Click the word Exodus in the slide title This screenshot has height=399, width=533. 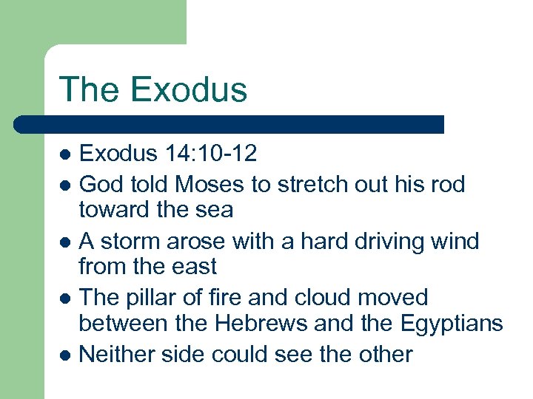coord(188,89)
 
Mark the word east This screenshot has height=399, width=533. coord(194,266)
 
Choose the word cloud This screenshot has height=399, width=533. coord(320,298)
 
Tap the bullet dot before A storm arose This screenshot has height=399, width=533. coord(66,242)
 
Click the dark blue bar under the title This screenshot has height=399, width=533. coord(229,124)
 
